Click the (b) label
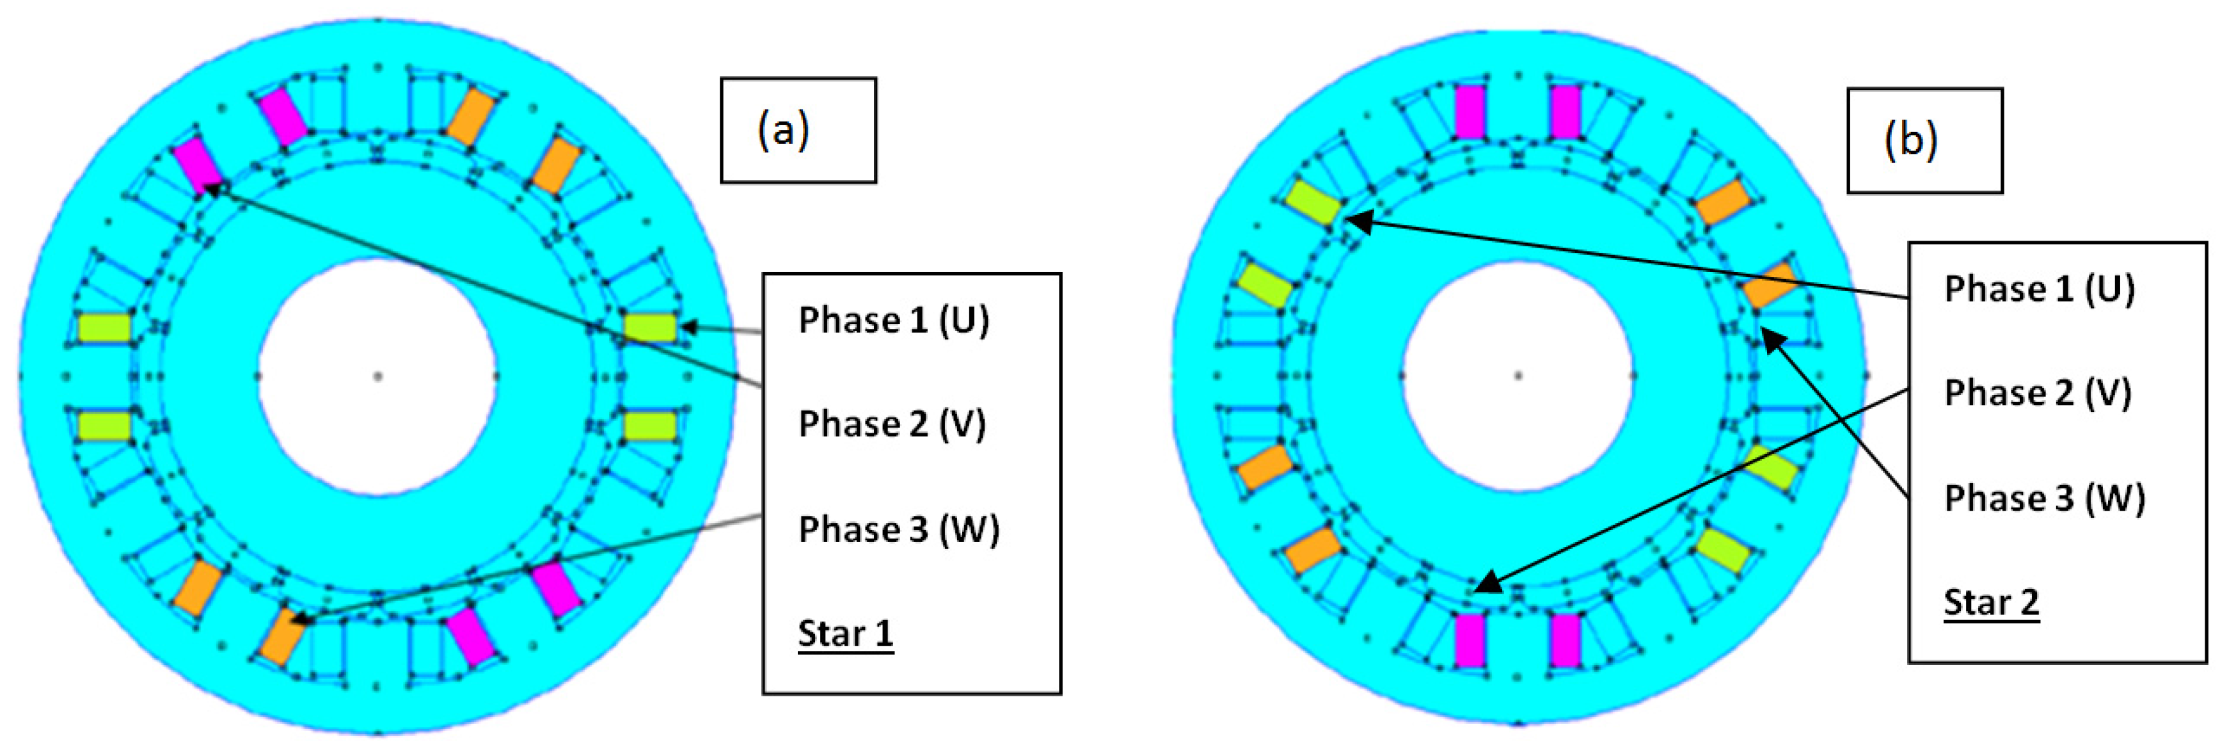(1910, 140)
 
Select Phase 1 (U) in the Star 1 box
(894, 320)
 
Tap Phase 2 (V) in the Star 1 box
(892, 424)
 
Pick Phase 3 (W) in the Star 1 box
(899, 529)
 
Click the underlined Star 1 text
(845, 633)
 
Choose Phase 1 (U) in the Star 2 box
(2039, 289)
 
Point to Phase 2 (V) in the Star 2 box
(2037, 393)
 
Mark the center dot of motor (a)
(377, 376)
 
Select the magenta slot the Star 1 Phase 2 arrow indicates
(197, 166)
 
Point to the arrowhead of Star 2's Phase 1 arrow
(1353, 221)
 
